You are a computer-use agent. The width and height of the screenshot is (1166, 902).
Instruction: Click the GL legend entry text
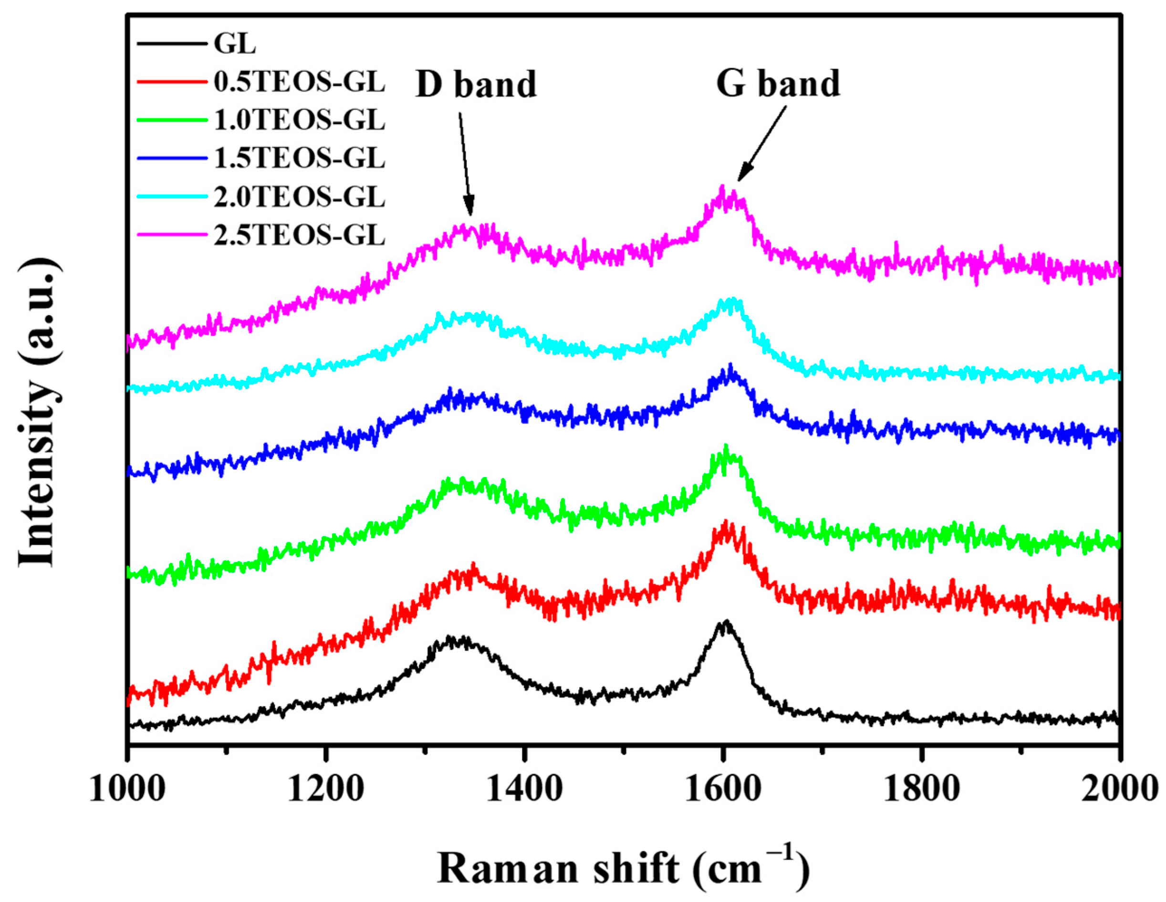pos(234,43)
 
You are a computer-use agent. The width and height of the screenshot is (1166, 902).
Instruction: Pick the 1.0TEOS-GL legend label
pos(299,120)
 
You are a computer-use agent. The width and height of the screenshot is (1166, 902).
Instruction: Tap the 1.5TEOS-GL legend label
pos(299,158)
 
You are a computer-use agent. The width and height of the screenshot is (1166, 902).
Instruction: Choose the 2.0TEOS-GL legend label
pos(299,197)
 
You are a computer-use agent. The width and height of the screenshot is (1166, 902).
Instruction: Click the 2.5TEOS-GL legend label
pos(299,235)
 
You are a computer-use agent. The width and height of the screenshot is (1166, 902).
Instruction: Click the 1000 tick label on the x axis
pos(127,789)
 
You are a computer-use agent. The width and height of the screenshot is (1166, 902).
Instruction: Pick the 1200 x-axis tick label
pos(326,789)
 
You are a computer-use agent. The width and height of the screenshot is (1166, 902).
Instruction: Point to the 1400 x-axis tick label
pos(525,789)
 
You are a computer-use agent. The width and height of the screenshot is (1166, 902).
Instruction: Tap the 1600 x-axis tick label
pos(723,789)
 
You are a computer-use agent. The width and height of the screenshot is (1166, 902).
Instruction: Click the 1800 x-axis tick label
pos(921,789)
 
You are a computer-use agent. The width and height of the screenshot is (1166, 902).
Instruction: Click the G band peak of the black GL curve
pos(725,623)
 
